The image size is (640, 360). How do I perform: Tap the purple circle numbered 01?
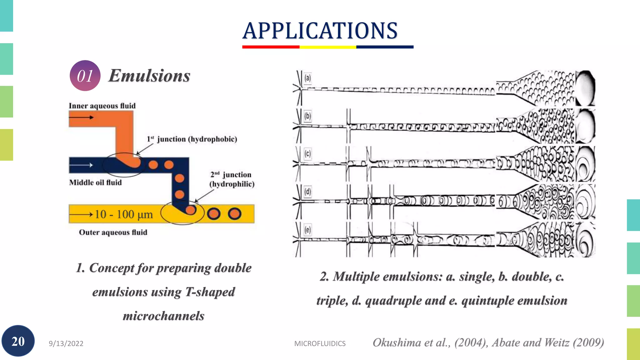pos(85,76)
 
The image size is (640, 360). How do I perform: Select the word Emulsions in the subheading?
pos(149,76)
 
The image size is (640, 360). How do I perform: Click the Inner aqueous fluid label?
pos(102,106)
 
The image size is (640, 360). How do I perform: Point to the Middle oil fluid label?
pos(95,182)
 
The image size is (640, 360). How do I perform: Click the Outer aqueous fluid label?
pos(113,232)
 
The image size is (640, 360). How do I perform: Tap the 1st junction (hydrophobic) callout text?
pos(192,139)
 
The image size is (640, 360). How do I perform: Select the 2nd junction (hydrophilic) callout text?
pos(232,179)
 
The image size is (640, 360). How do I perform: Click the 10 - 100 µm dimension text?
pos(124,214)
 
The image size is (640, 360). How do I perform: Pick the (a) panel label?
pos(308,78)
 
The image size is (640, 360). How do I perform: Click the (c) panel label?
pos(308,154)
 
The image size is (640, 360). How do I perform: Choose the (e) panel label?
pos(308,230)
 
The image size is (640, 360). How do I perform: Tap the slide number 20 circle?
pos(18,341)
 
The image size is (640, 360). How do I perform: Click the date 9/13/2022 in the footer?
pos(66,343)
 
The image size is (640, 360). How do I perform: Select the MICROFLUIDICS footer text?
pos(320,343)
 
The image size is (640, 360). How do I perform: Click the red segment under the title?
pos(271,47)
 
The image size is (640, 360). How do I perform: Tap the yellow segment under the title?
pos(328,47)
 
